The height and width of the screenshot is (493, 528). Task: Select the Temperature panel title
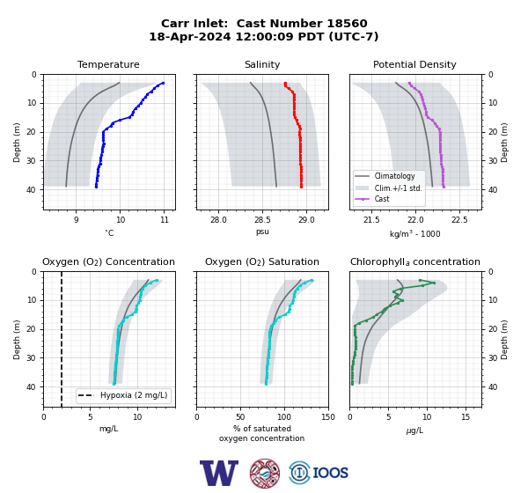[x=108, y=64]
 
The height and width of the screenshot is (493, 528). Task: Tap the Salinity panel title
[x=262, y=64]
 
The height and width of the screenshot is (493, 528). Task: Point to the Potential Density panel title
[x=414, y=64]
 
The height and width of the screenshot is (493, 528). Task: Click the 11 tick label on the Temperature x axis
[x=164, y=220]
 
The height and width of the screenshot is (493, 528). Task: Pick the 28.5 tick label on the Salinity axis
[x=262, y=220]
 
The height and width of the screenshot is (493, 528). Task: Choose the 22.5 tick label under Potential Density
[x=459, y=220]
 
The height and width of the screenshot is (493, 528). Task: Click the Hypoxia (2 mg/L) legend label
[x=134, y=395]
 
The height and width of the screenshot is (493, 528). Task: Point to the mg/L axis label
[x=108, y=429]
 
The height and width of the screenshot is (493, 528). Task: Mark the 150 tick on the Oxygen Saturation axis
[x=328, y=417]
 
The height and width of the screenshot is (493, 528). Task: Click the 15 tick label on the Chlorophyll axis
[x=466, y=417]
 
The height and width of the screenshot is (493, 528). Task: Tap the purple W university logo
[x=219, y=474]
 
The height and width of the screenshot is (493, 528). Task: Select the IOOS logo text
[x=330, y=473]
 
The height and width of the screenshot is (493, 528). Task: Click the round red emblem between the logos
[x=265, y=474]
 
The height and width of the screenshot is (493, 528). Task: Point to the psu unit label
[x=262, y=232]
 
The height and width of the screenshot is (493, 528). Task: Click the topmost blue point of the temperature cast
[x=163, y=83]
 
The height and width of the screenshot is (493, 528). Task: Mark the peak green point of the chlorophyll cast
[x=434, y=283]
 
